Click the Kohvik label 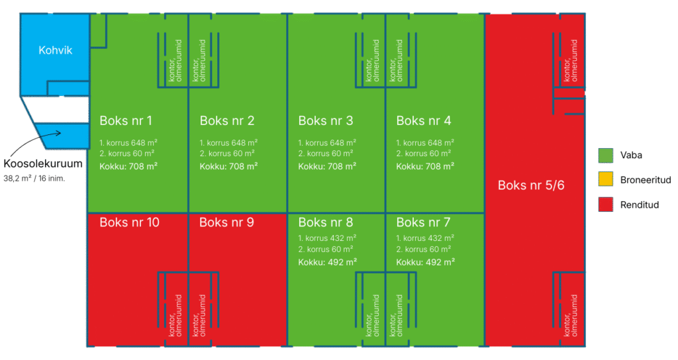[x=55, y=50]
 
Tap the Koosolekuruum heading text [x=43, y=164]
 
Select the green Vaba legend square [x=603, y=155]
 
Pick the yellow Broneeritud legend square [x=603, y=180]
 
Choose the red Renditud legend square [x=603, y=204]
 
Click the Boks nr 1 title [x=126, y=120]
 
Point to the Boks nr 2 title [x=227, y=120]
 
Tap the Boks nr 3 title [x=326, y=120]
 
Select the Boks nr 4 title [x=424, y=120]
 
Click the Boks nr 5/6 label [x=531, y=185]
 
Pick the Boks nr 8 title [x=326, y=222]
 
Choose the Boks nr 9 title [x=226, y=222]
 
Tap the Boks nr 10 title [x=129, y=222]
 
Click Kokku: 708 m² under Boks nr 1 [x=128, y=166]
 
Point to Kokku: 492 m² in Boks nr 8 [x=328, y=261]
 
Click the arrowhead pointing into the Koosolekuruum [x=58, y=133]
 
